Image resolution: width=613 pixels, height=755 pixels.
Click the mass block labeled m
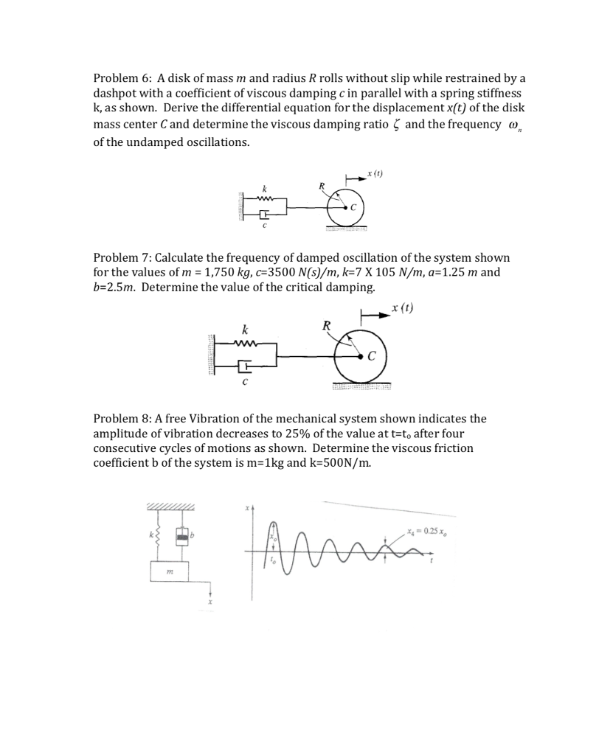click(x=170, y=572)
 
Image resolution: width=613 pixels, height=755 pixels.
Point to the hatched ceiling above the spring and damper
click(x=171, y=507)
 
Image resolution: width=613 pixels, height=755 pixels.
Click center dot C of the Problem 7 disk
click(x=361, y=356)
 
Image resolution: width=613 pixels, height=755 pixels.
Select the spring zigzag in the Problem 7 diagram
click(x=244, y=342)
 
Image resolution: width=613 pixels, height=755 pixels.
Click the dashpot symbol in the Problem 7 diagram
click(x=246, y=364)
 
